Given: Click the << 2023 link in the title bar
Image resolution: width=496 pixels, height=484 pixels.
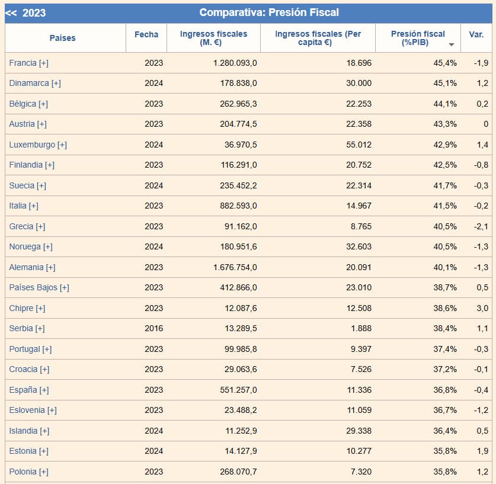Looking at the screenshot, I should tap(25, 12).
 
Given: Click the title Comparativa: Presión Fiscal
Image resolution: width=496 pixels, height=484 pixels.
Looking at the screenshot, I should tap(269, 12).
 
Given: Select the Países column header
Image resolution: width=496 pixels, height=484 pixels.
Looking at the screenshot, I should tap(63, 38).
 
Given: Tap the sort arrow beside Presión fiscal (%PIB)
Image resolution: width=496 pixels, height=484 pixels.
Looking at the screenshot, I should tap(452, 45).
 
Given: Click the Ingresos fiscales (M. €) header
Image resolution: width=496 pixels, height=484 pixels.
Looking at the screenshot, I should tap(213, 38).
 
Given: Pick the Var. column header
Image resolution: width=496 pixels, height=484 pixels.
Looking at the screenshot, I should tap(476, 34).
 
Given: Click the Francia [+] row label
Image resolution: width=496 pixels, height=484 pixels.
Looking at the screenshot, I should tap(29, 63).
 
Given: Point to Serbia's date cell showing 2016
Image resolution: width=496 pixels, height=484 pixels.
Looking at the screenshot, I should tap(153, 328).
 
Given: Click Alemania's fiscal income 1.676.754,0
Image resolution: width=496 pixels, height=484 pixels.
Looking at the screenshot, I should tap(235, 267).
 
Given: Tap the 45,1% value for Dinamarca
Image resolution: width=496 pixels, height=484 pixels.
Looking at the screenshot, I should tap(445, 83).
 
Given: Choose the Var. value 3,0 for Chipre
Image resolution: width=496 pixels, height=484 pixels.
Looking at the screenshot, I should tap(482, 308).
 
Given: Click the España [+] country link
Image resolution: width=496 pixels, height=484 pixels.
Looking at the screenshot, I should tap(29, 390).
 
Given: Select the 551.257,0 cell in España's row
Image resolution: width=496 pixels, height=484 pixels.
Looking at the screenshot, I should tap(238, 390).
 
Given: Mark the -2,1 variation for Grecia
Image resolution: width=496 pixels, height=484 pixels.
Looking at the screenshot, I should tap(481, 226).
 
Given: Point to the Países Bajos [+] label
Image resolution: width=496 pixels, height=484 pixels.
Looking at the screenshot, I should tap(39, 287).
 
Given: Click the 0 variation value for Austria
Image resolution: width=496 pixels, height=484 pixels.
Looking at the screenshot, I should tap(485, 124).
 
